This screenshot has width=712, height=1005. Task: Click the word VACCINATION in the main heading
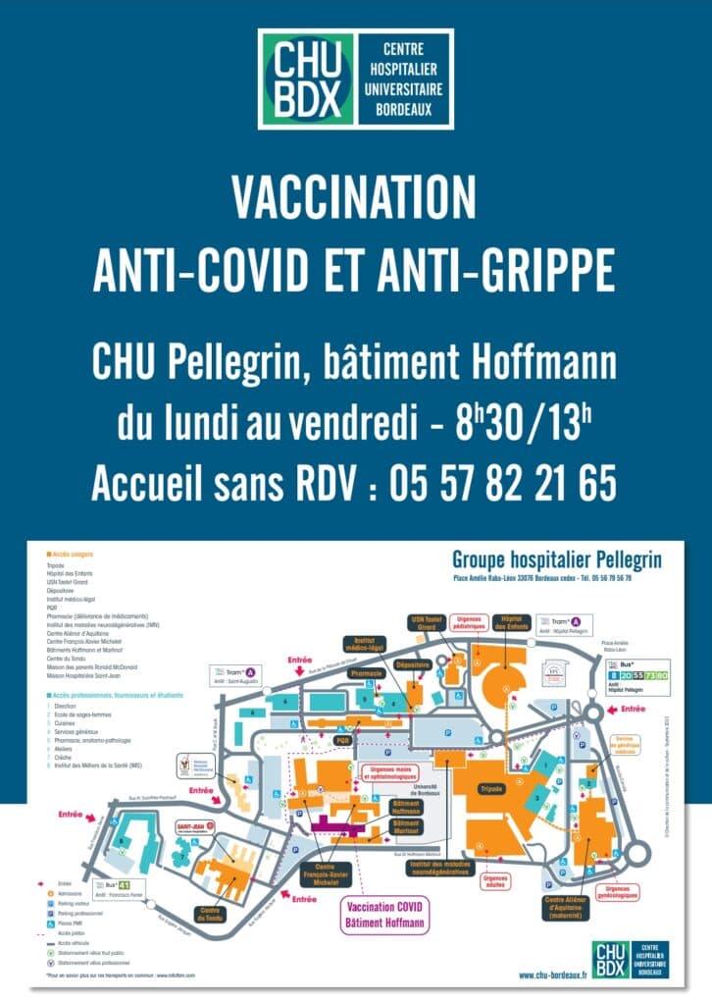tap(354, 198)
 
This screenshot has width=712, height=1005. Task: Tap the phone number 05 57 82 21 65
tap(502, 484)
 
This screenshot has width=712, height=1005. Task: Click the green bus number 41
tap(125, 883)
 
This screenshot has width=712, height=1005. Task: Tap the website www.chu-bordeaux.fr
tap(548, 974)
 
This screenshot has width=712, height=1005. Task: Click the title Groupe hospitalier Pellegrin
tap(556, 559)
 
